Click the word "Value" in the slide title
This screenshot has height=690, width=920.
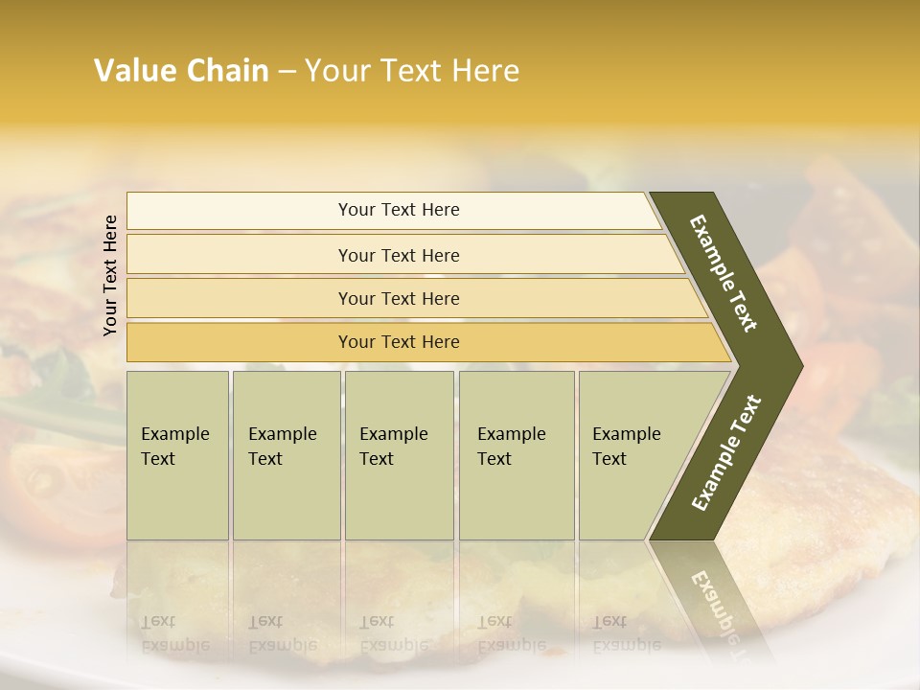click(x=131, y=71)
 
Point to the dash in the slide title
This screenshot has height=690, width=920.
click(x=287, y=72)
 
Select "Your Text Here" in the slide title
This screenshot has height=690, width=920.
click(x=411, y=71)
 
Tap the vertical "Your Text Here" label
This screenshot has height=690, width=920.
click(x=110, y=275)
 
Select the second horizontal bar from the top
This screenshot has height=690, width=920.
click(x=398, y=255)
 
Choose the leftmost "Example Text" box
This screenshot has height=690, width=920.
click(x=177, y=455)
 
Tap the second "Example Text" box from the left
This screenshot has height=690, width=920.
click(x=287, y=455)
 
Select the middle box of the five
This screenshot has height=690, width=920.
click(x=399, y=455)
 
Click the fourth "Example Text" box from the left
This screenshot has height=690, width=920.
click(x=517, y=455)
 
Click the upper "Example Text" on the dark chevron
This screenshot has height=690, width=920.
click(x=724, y=273)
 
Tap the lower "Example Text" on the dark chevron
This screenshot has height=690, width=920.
click(x=725, y=453)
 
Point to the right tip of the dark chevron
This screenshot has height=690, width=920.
click(x=800, y=366)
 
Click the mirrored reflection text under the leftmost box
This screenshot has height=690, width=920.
click(x=175, y=633)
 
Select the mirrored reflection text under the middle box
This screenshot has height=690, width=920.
click(x=394, y=633)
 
